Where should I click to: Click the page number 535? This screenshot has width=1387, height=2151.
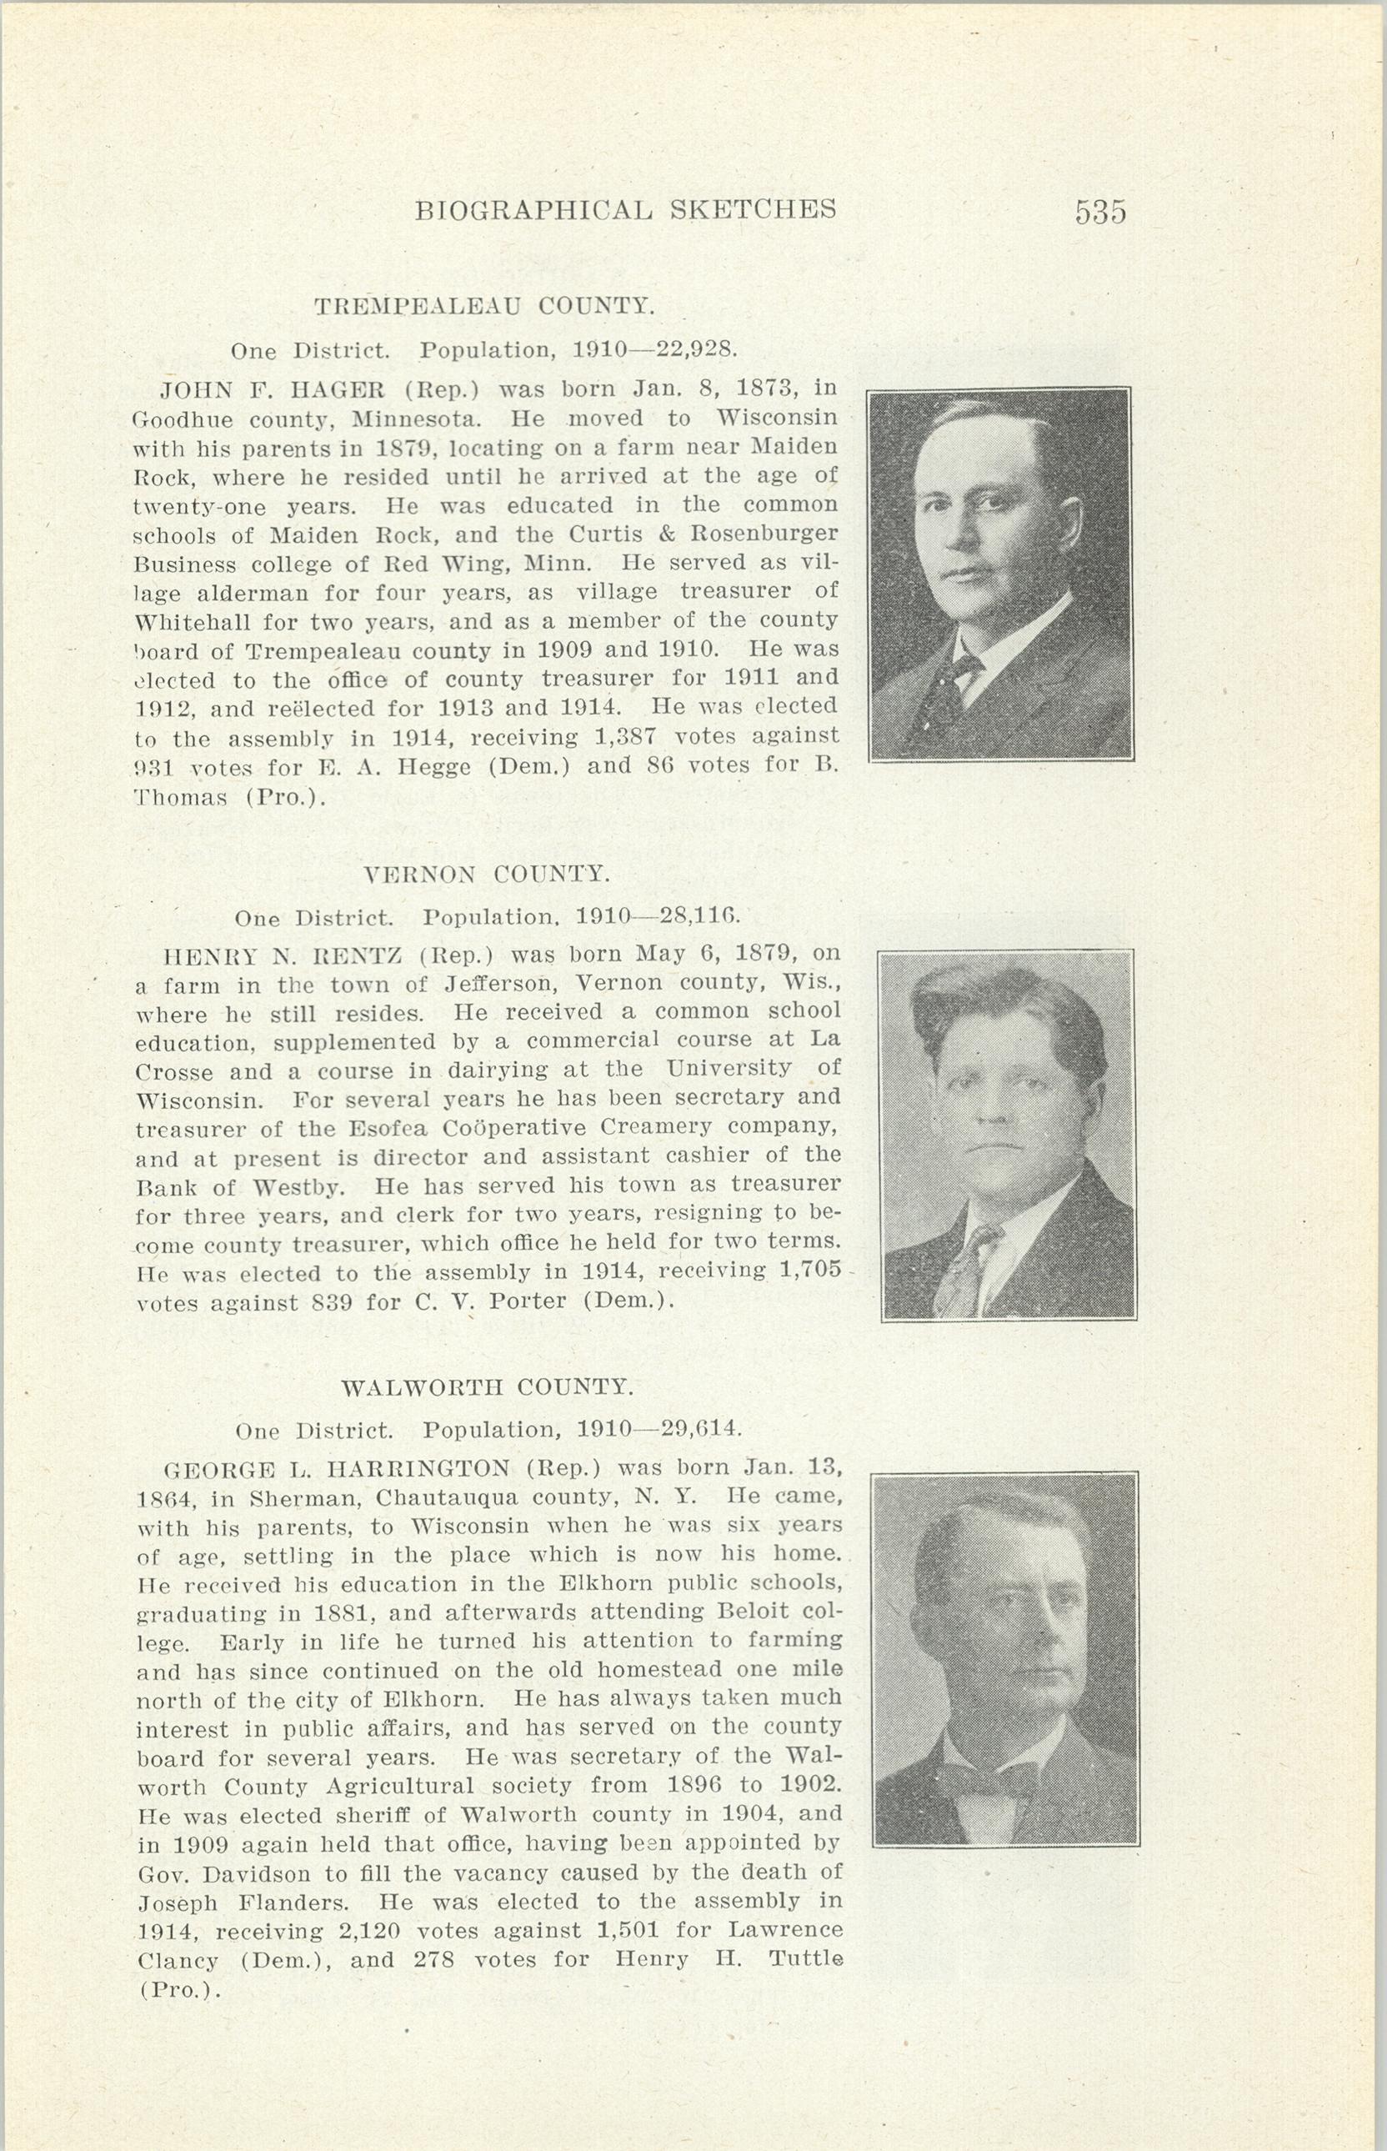click(1099, 212)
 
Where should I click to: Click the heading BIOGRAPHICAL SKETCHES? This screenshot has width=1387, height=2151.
click(625, 210)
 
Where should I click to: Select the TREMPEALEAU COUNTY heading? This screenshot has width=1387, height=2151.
click(483, 306)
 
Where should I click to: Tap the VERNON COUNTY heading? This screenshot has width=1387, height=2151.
click(486, 874)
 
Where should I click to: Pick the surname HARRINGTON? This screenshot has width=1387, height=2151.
click(418, 1469)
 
